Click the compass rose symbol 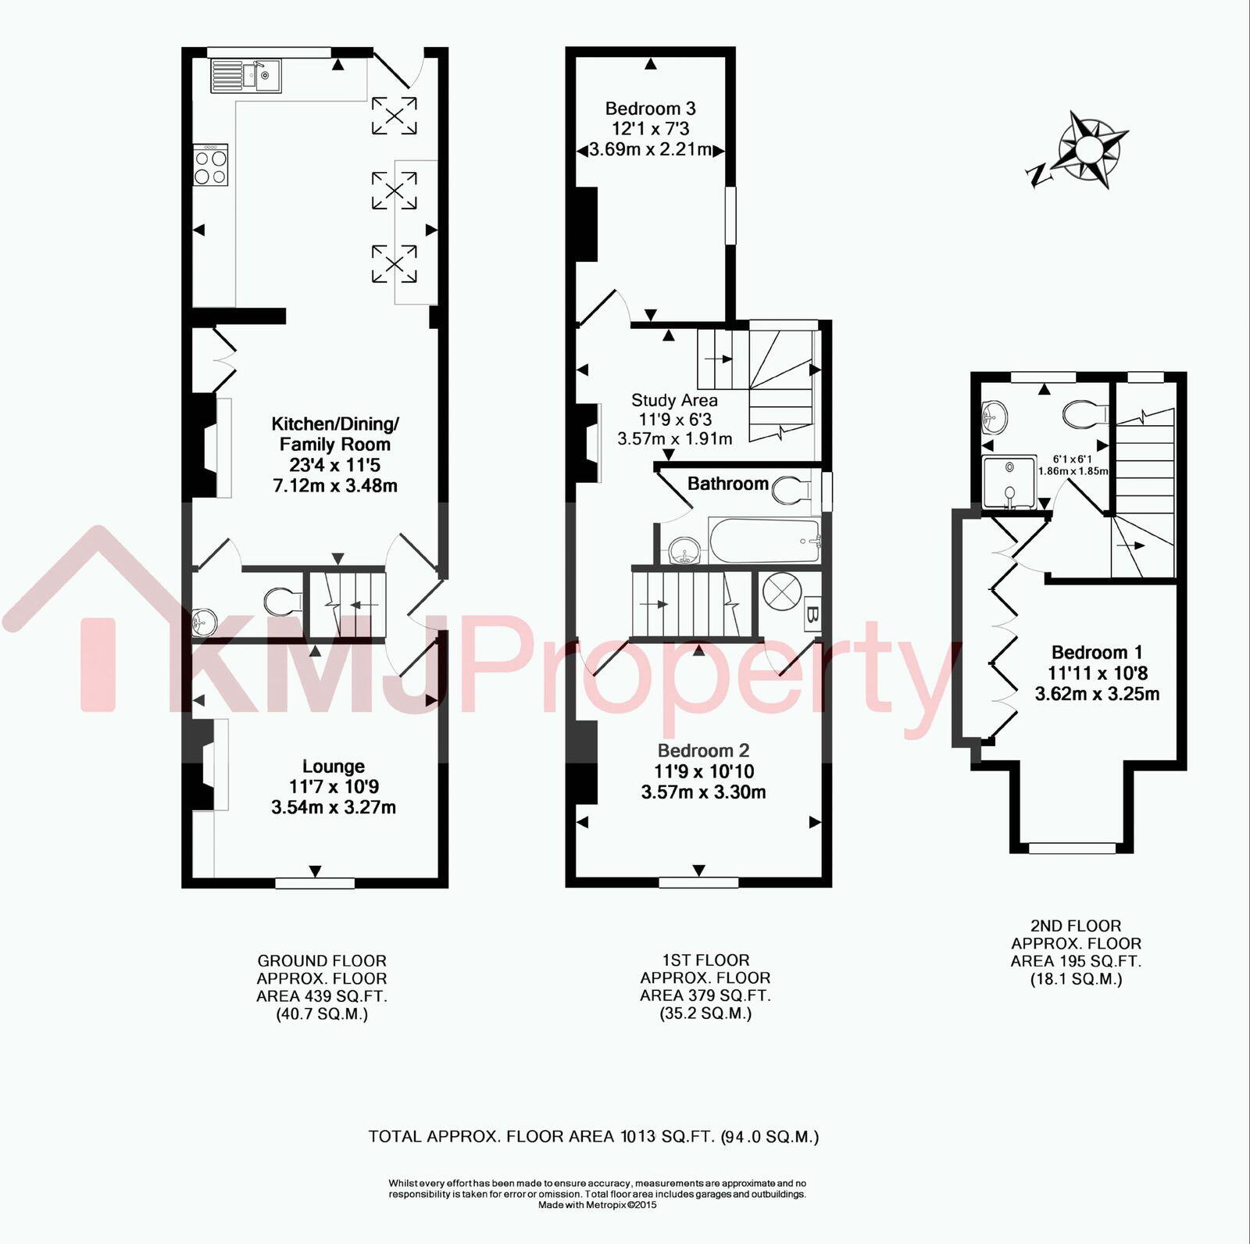point(1093,149)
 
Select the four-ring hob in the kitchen point(211,165)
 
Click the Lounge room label point(334,767)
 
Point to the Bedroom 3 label point(650,109)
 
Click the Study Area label point(674,400)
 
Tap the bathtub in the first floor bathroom point(765,540)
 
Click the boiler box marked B point(812,614)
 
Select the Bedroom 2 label point(703,751)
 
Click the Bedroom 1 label point(1097,652)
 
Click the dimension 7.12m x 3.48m point(334,485)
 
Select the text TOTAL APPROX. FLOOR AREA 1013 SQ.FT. point(541,1137)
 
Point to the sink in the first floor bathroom point(685,549)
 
